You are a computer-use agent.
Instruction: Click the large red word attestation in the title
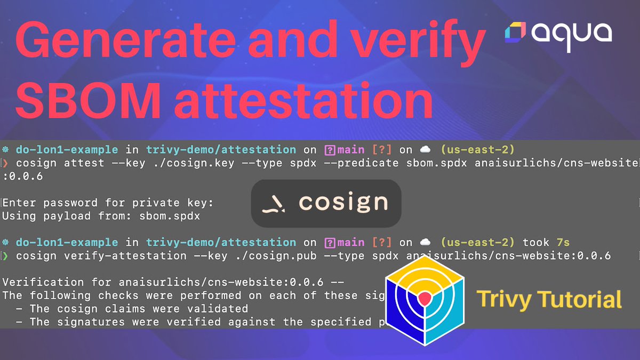coord(303,101)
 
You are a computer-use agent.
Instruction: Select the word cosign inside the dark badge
coord(343,203)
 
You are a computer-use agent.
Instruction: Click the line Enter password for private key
coord(108,203)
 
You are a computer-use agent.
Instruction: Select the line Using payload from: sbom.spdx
coord(101,216)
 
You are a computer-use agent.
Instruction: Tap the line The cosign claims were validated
coord(139,308)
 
